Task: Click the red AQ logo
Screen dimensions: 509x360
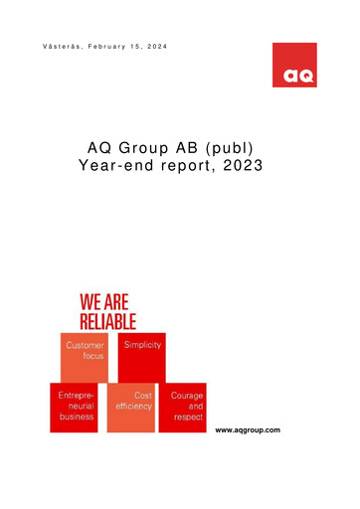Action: [294, 65]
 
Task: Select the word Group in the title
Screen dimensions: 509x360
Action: [150, 150]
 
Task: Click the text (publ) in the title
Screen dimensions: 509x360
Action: [238, 150]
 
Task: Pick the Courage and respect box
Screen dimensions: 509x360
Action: [184, 407]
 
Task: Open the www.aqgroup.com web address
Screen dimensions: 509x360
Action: [248, 428]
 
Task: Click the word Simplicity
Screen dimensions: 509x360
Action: [142, 344]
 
